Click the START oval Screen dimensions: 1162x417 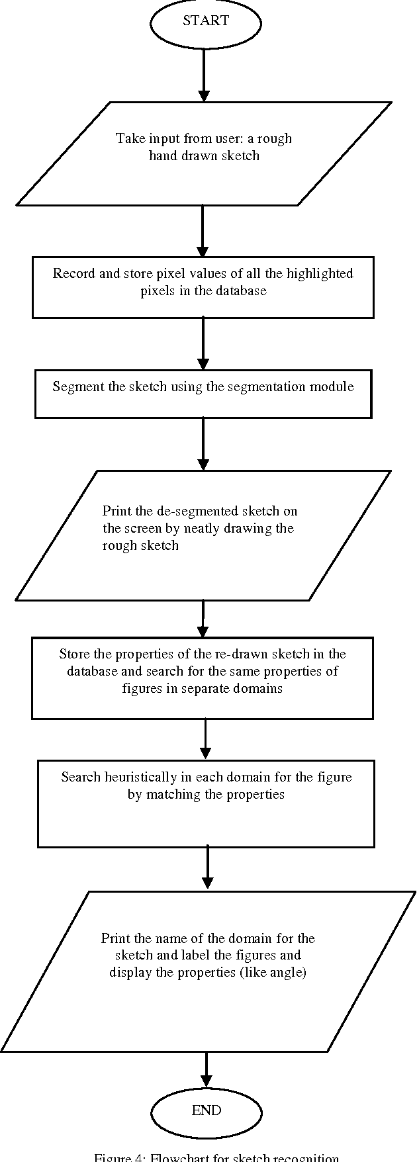pyautogui.click(x=206, y=22)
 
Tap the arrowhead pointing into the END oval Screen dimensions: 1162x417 pyautogui.click(x=206, y=1079)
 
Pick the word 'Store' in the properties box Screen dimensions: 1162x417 pyautogui.click(x=73, y=654)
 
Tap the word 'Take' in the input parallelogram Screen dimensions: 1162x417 pyautogui.click(x=128, y=138)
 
